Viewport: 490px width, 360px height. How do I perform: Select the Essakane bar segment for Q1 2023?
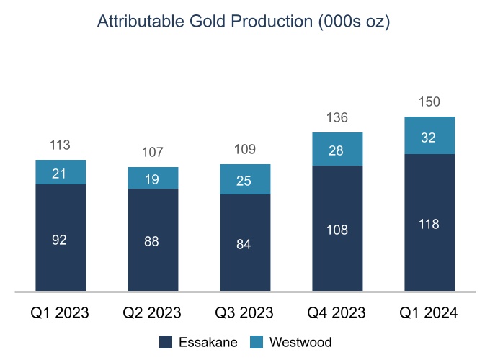(x=61, y=238)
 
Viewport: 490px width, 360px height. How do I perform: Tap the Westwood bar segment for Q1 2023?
(x=61, y=172)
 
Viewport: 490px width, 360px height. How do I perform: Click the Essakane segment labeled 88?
(x=153, y=240)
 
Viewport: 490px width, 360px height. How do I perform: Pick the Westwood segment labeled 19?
(x=153, y=178)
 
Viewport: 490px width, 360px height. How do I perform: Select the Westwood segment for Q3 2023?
(x=245, y=179)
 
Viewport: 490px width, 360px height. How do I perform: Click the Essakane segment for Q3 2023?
(x=245, y=243)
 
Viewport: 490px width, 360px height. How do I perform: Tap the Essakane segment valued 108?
(x=337, y=229)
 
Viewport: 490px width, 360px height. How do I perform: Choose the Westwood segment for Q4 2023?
(x=337, y=149)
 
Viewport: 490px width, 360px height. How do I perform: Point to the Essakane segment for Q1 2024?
(x=429, y=223)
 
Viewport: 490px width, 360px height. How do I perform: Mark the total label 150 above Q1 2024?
(x=429, y=102)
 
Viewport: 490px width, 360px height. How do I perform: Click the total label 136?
(x=337, y=117)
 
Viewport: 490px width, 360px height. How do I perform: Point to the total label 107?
(x=153, y=152)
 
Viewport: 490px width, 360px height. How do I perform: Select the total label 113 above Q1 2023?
(x=61, y=145)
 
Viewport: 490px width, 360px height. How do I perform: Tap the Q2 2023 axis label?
(x=153, y=313)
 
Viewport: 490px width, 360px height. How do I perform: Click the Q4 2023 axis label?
(x=337, y=313)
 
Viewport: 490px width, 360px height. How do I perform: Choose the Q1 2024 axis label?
(x=429, y=313)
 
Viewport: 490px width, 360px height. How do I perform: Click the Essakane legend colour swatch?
(x=165, y=342)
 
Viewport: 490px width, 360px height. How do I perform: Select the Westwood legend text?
(x=300, y=342)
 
